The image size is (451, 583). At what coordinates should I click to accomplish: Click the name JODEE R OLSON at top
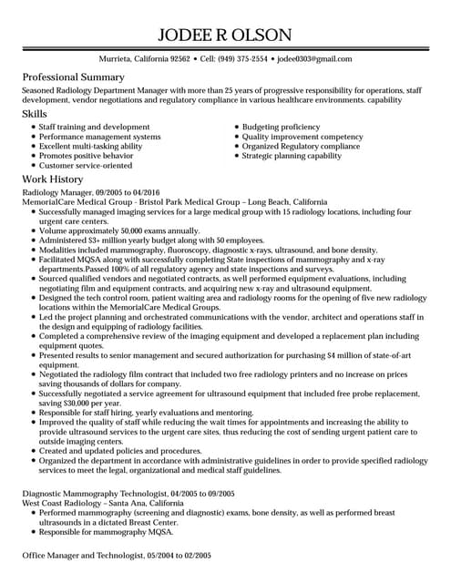pos(225,36)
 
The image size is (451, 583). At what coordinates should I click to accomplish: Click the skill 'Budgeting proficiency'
pos(281,128)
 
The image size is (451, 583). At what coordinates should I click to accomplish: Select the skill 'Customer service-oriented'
pos(93,166)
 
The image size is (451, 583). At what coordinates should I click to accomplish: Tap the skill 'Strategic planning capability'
pos(292,156)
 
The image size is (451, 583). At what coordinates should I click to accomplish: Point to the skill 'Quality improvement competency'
pos(302,137)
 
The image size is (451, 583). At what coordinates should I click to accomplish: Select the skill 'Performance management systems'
pos(100,137)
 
